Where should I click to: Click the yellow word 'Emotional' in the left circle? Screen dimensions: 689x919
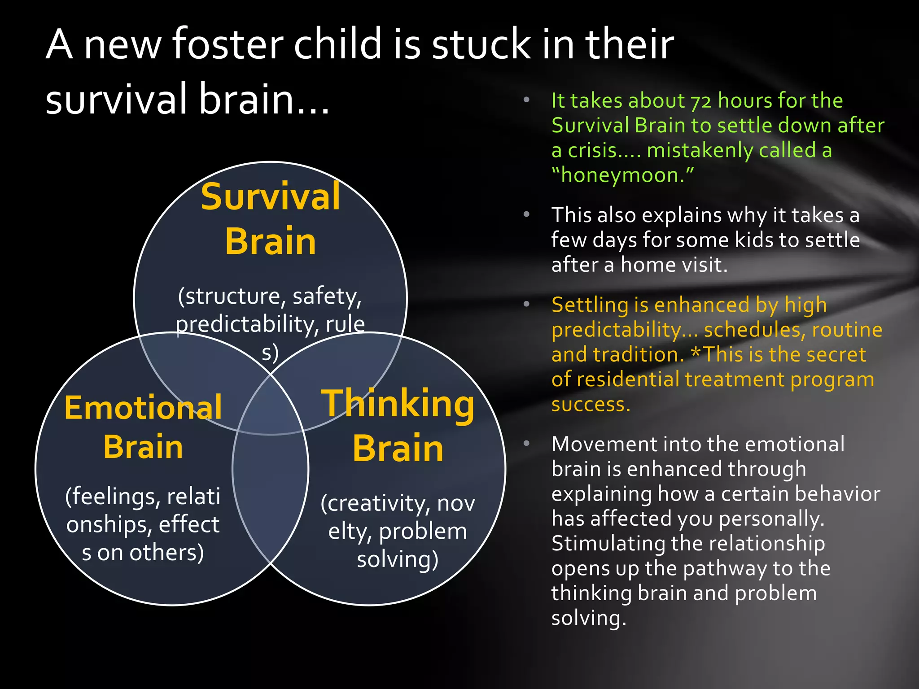coord(143,408)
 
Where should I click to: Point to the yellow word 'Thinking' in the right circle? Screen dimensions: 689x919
coord(398,404)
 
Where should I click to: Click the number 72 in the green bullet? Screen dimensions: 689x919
coord(700,101)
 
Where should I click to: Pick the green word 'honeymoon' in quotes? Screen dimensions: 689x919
coord(622,175)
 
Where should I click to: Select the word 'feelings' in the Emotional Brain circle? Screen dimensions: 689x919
coord(114,497)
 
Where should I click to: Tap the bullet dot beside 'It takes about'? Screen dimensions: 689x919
coord(527,100)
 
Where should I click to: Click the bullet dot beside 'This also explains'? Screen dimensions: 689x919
coord(527,214)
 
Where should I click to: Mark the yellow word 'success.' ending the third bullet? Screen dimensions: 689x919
coord(591,405)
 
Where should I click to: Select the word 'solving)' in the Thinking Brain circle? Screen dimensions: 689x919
coord(398,559)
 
